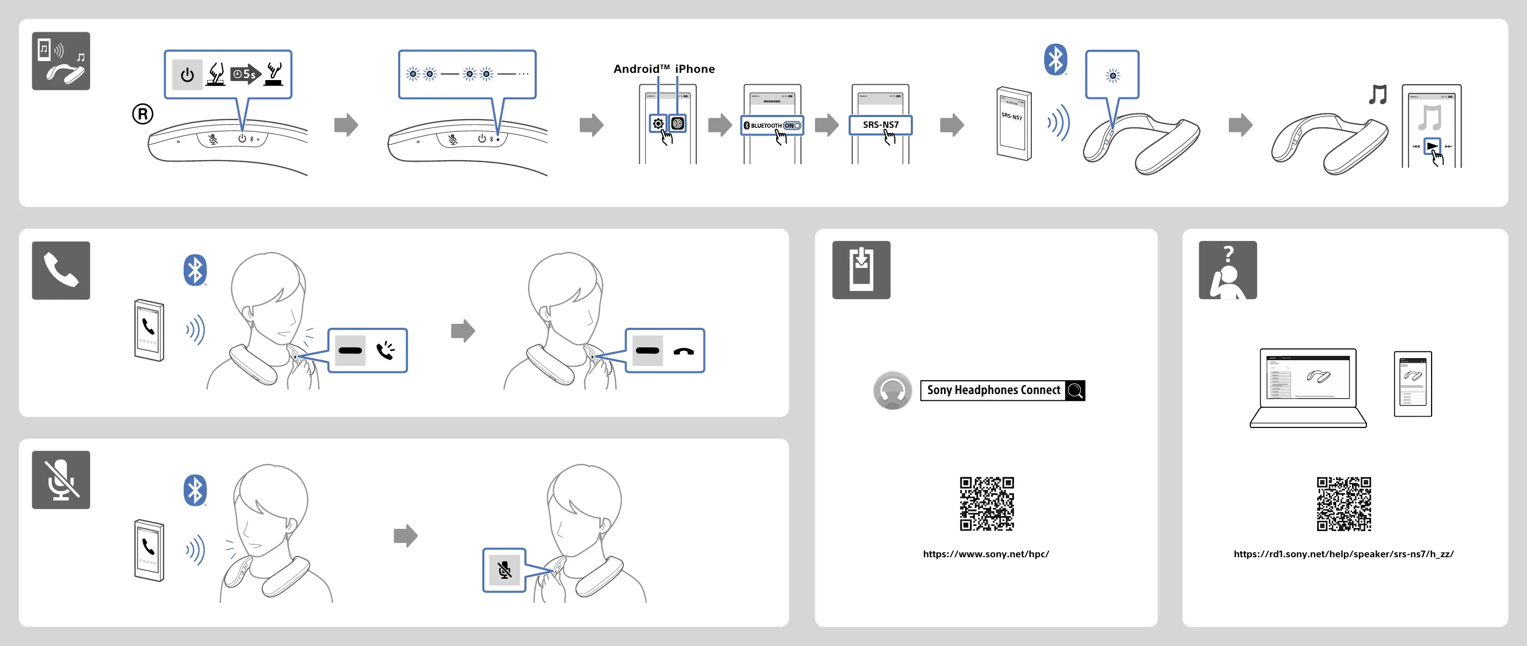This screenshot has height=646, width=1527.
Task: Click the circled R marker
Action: [142, 114]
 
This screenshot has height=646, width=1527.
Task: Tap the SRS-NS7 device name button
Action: [880, 125]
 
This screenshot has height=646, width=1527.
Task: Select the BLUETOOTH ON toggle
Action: [772, 126]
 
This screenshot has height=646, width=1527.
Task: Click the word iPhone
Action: [695, 69]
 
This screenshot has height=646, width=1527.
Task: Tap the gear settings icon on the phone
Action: [658, 124]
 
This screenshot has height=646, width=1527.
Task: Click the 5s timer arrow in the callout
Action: [245, 74]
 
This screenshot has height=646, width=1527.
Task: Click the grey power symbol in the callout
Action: [187, 75]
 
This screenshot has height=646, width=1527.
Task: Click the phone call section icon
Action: [61, 270]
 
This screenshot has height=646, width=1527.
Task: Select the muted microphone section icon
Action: [61, 480]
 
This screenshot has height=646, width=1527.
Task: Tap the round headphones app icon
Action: [892, 390]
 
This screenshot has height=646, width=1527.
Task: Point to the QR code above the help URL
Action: [1343, 504]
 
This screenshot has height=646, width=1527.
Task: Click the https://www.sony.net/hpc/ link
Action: [986, 554]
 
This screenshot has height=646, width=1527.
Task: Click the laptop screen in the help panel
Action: [1308, 378]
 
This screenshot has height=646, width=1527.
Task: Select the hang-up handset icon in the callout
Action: [683, 351]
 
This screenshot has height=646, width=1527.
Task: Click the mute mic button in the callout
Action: [504, 570]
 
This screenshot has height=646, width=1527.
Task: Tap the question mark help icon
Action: [1228, 270]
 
